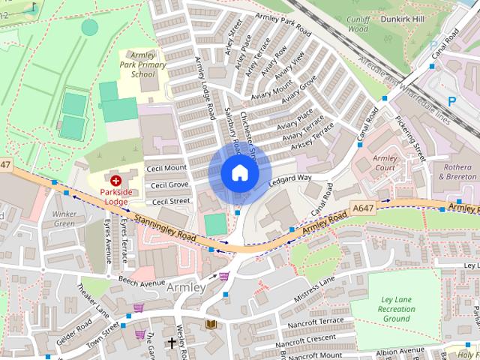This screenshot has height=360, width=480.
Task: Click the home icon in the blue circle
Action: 238,172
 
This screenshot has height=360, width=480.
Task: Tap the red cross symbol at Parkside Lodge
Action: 115,181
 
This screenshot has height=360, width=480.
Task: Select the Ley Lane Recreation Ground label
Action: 397,308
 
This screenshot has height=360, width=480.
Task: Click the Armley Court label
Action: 384,163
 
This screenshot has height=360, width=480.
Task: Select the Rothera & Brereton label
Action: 456,172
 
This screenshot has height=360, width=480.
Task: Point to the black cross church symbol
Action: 172,343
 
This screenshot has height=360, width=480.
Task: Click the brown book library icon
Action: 211,324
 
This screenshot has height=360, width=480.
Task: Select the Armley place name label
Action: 186,288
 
